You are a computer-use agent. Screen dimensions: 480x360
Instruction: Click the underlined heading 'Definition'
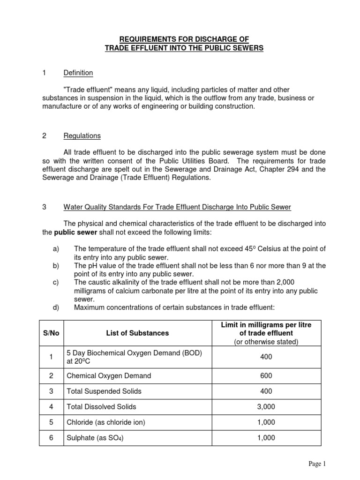click(x=78, y=73)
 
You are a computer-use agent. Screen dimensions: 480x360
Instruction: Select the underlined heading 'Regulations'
click(x=82, y=136)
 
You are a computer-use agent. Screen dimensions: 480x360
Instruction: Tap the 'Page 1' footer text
click(x=316, y=464)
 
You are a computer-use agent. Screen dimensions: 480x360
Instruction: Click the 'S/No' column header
click(x=52, y=333)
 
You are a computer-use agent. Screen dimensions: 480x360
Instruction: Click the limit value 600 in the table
click(x=266, y=375)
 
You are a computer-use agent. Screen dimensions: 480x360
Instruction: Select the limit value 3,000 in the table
click(x=266, y=407)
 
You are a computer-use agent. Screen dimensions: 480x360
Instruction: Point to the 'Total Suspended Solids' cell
click(x=104, y=391)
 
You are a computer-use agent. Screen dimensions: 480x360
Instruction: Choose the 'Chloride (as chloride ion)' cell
click(x=106, y=422)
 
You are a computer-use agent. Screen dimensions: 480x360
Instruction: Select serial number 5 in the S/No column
click(x=52, y=422)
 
